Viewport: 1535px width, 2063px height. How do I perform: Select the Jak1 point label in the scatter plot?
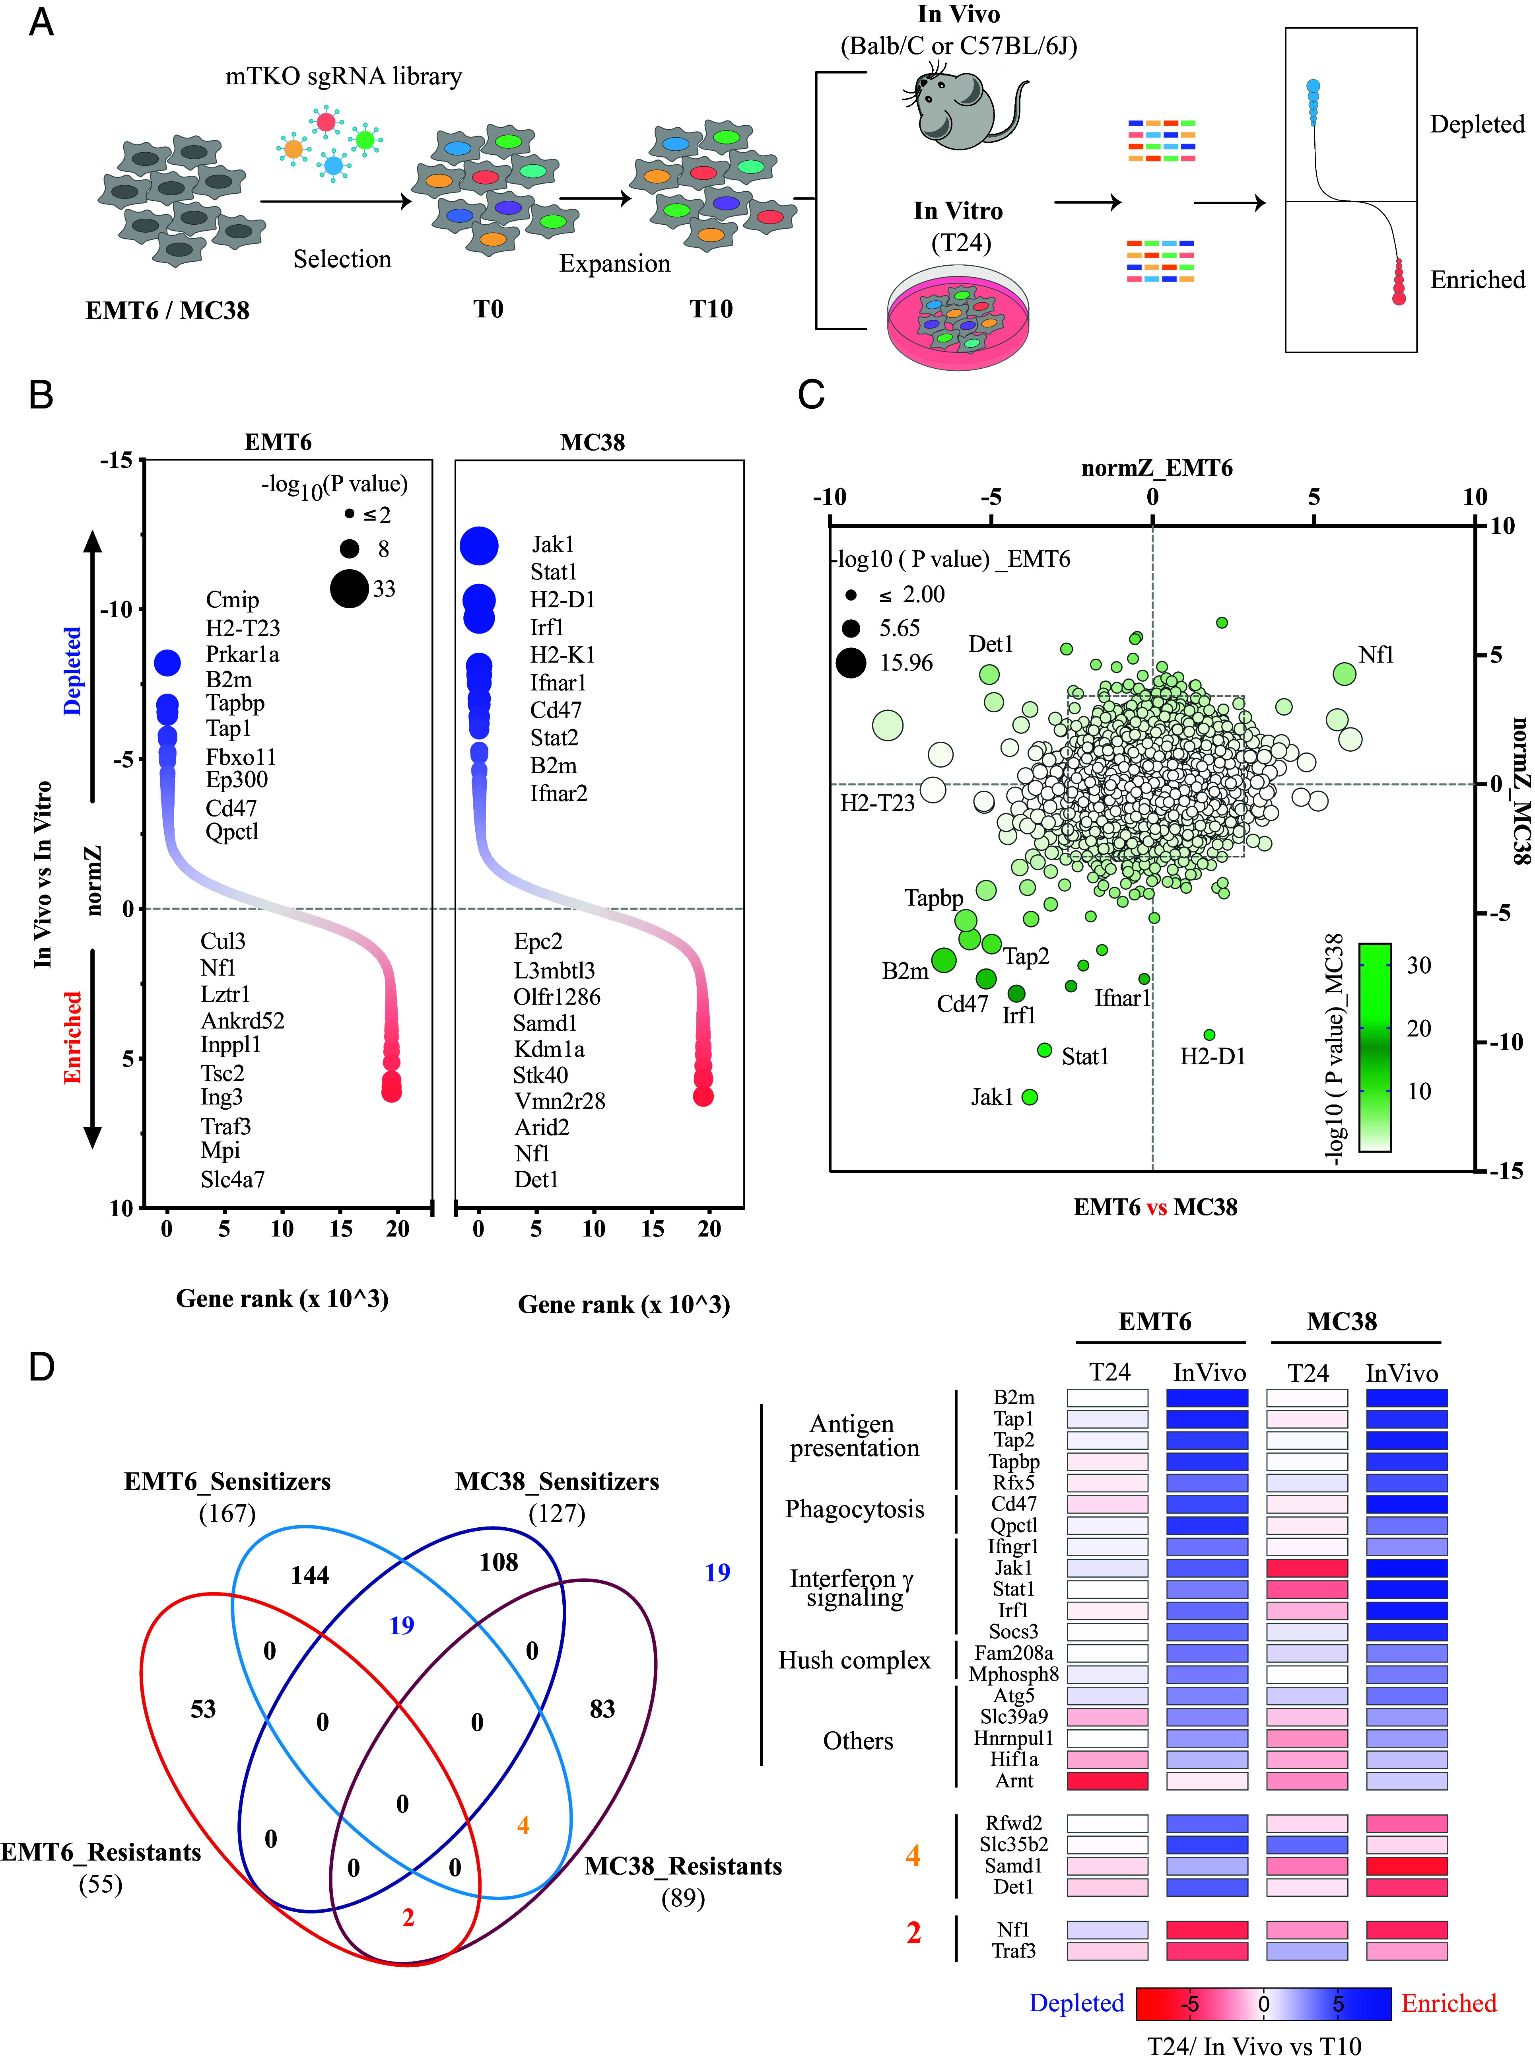(991, 1097)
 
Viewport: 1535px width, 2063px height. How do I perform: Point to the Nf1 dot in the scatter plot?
(1344, 674)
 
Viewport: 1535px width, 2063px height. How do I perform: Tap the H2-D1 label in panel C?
(1212, 1057)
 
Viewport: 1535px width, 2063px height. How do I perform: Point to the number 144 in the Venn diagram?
(309, 1575)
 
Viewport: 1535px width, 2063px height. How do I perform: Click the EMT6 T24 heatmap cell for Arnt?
(1107, 1781)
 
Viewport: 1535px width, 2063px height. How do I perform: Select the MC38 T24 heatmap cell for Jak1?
(1306, 1568)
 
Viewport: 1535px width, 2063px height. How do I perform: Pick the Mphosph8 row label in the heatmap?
(1013, 1674)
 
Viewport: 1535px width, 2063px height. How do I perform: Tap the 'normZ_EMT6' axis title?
(1157, 467)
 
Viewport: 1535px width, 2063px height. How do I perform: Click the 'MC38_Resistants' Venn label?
(683, 1866)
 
